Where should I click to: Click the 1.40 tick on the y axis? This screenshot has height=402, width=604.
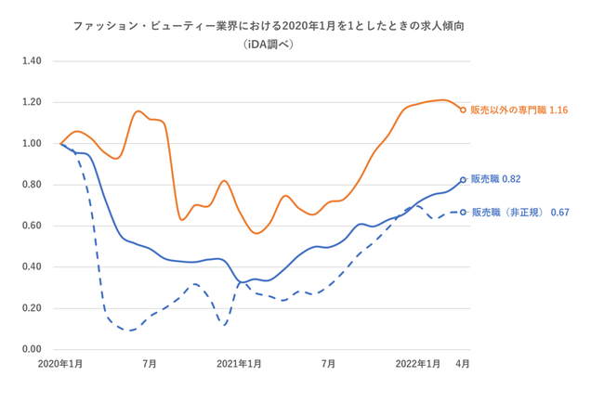[x=32, y=61]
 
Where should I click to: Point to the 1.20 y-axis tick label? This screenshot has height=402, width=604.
[x=32, y=102]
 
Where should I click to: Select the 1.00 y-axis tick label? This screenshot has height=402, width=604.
[x=32, y=144]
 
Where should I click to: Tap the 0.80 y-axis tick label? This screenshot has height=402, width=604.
[x=32, y=185]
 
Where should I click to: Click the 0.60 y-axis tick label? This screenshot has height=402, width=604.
[x=32, y=226]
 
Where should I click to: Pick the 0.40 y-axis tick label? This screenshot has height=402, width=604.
[x=32, y=267]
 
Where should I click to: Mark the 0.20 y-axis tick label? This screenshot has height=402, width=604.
[x=32, y=308]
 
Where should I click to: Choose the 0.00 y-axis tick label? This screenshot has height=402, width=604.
[x=32, y=349]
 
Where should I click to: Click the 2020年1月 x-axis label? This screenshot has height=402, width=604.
[x=60, y=364]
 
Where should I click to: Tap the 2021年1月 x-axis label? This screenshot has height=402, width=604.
[x=239, y=364]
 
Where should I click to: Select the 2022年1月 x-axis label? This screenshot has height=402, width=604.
[x=418, y=364]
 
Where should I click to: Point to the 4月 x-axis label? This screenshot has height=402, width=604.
[x=462, y=364]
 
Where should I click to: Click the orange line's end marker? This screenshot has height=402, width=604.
[x=463, y=110]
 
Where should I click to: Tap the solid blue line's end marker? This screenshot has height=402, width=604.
[x=463, y=180]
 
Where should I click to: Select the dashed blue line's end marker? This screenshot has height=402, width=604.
[x=463, y=212]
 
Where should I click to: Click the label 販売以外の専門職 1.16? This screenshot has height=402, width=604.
[x=519, y=110]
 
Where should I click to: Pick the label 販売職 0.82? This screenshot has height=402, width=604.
[x=501, y=178]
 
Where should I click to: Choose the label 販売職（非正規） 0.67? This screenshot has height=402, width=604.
[x=519, y=213]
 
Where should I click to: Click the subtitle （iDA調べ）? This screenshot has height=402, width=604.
[x=269, y=43]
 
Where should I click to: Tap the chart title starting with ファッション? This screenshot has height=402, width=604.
[x=269, y=25]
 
